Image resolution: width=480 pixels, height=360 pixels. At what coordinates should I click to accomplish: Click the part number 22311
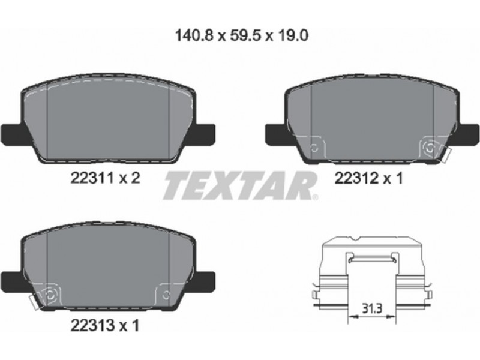pyautogui.click(x=92, y=178)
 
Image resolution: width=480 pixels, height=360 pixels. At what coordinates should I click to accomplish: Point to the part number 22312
pyautogui.click(x=356, y=178)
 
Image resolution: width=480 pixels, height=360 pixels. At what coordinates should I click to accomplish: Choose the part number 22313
pyautogui.click(x=92, y=325)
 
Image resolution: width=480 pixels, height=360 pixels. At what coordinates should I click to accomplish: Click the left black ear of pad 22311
pyautogui.click(x=12, y=134)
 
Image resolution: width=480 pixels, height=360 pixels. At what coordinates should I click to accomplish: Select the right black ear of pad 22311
pyautogui.click(x=205, y=134)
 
